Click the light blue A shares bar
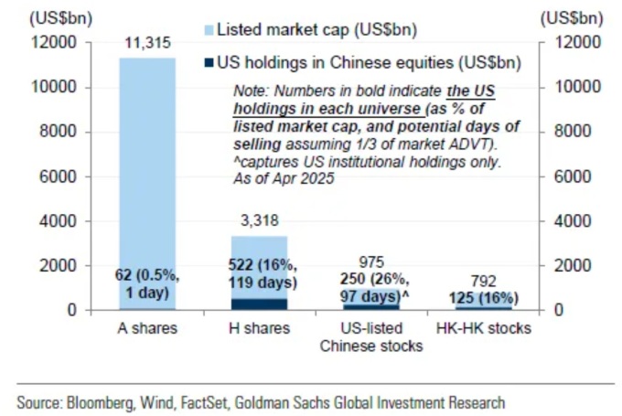(146, 165)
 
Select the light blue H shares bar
(259, 265)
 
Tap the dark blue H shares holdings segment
(259, 304)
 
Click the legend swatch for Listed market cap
(208, 30)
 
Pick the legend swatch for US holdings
(208, 62)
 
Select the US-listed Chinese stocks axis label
(371, 337)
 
